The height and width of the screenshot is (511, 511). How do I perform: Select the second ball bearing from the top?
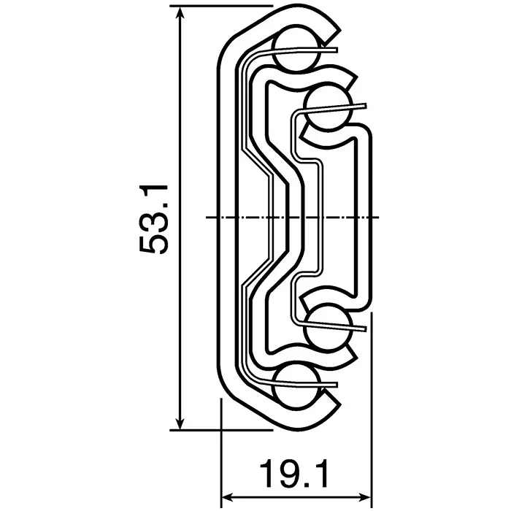328,107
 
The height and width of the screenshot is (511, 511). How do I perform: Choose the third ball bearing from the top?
328,328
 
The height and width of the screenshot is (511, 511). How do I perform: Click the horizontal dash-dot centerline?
292,218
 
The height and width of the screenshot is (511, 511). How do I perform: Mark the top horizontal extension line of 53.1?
219,9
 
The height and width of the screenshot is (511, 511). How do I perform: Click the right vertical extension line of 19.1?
373,409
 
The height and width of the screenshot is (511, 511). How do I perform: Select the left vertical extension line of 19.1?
220,453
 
